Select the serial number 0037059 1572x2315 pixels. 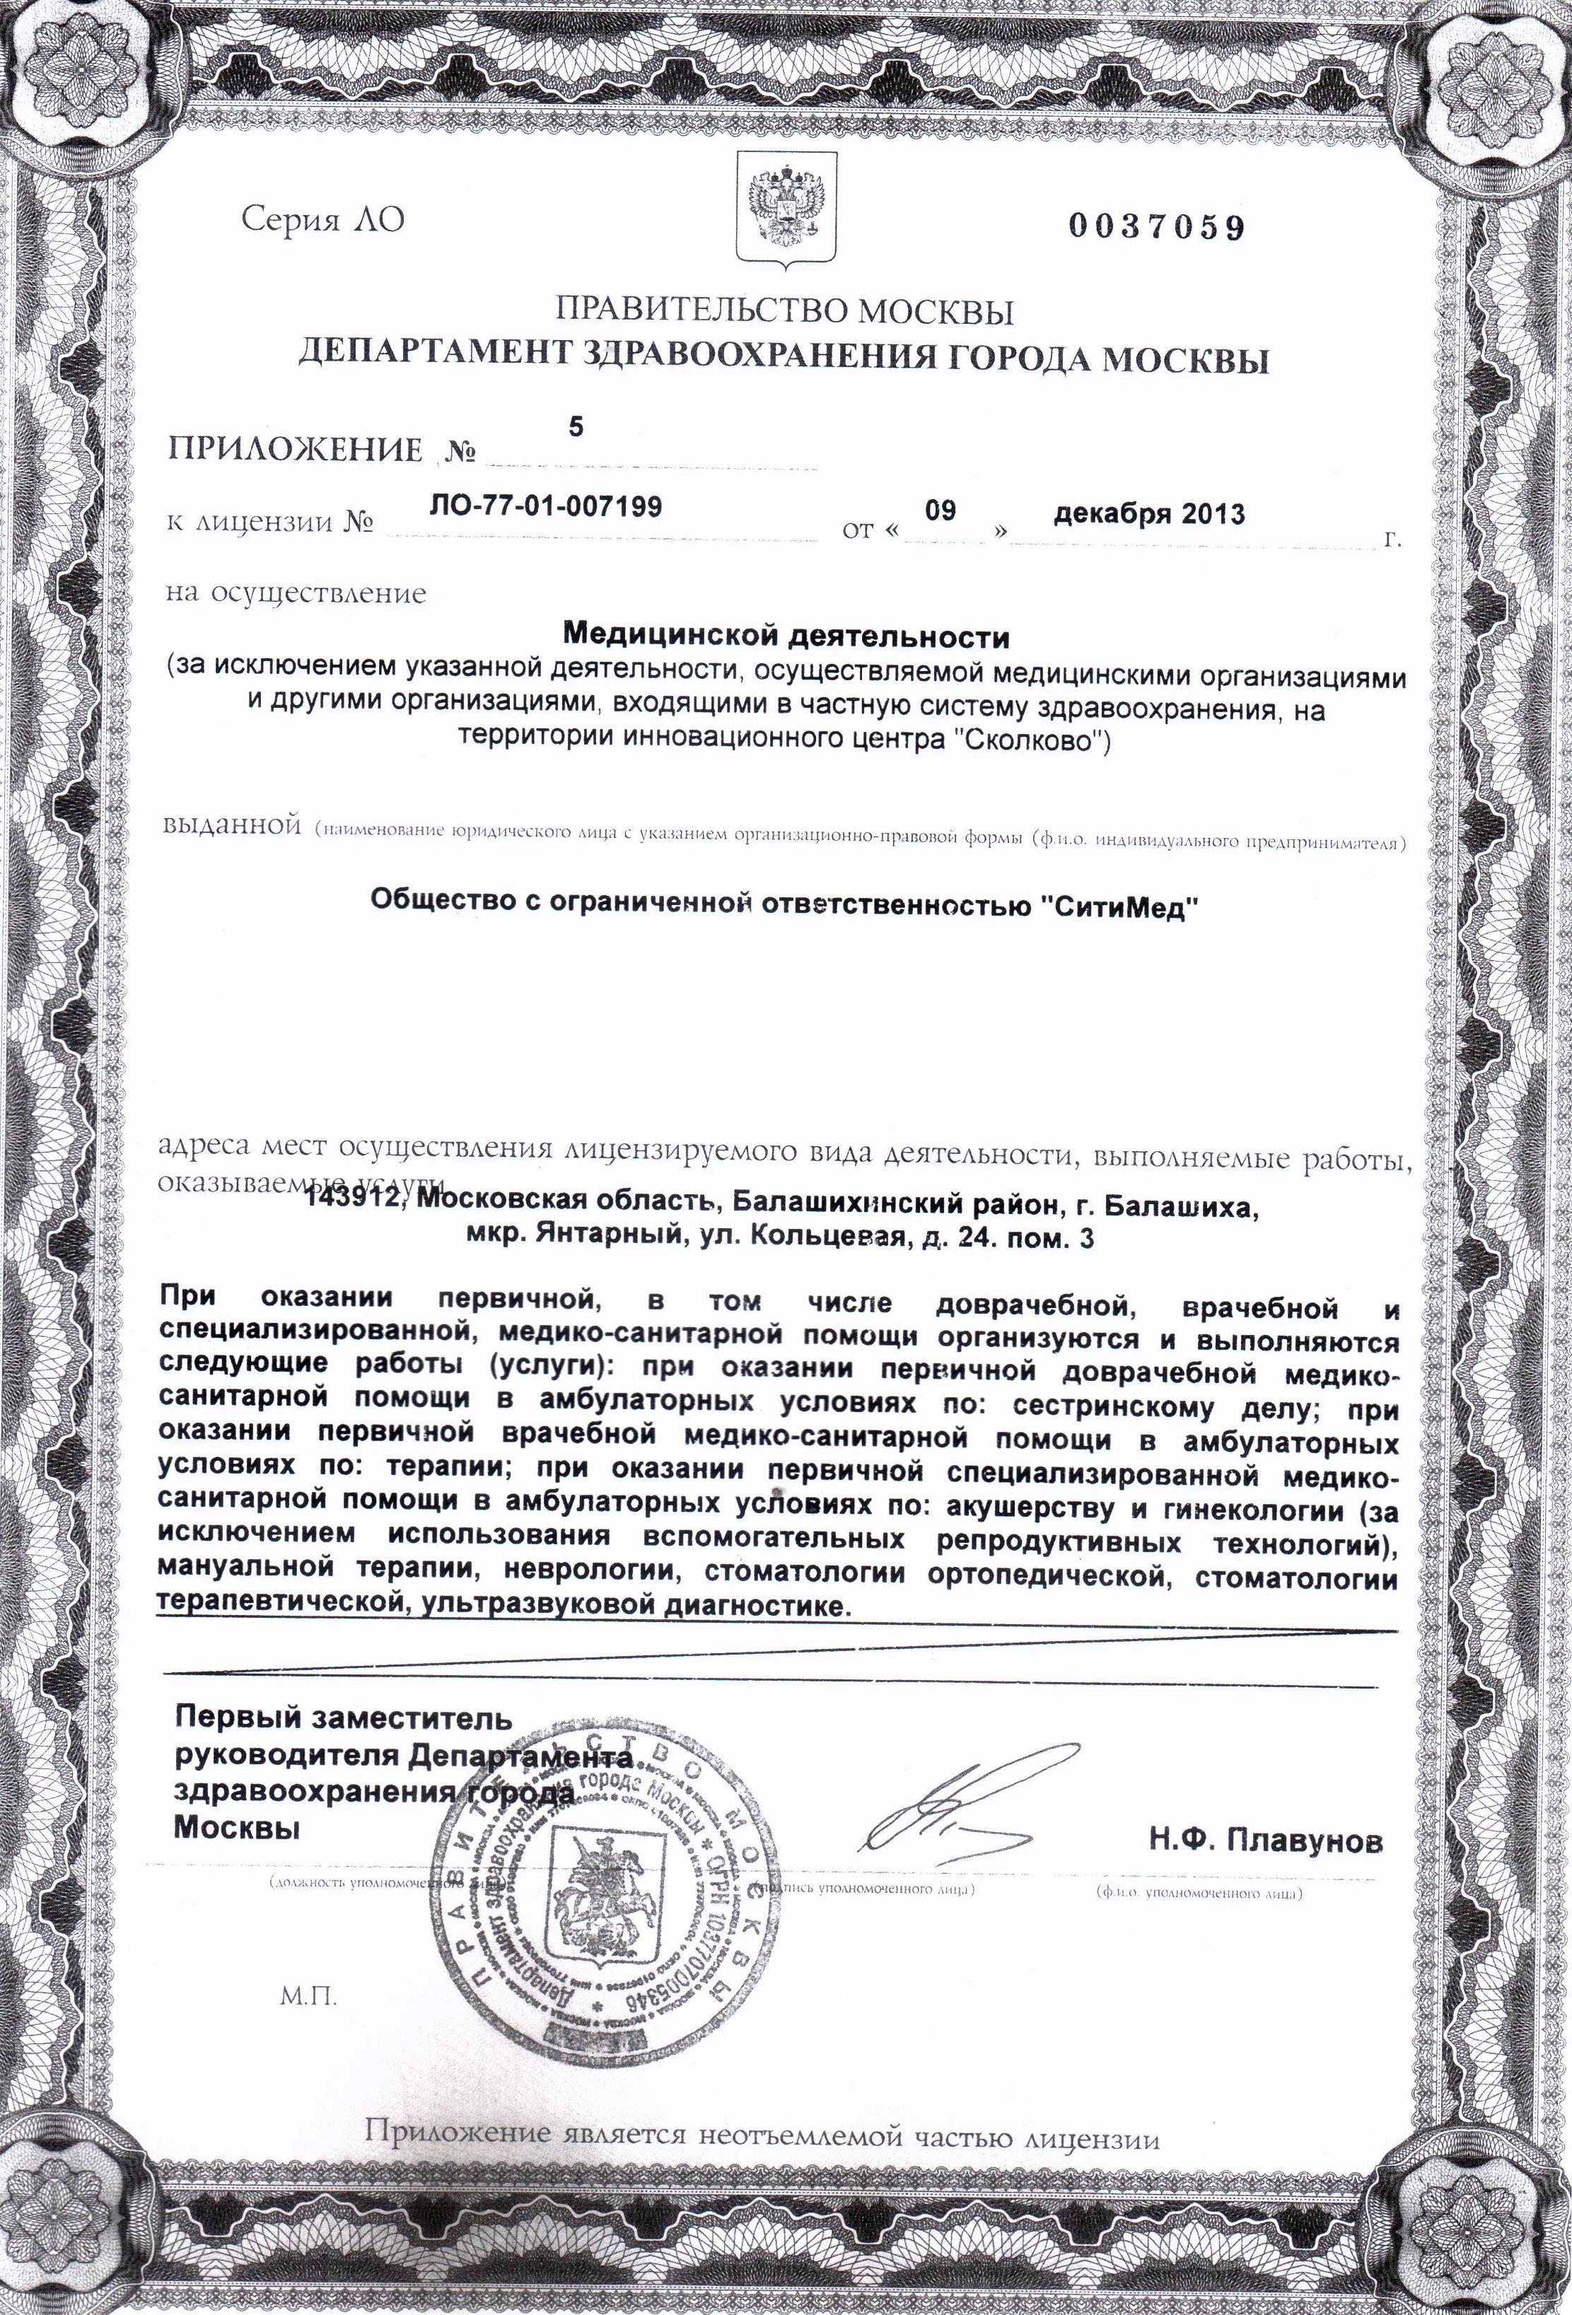pyautogui.click(x=1157, y=228)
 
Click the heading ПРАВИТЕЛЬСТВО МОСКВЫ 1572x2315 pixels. pyautogui.click(x=784, y=312)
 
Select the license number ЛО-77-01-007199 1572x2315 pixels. pyautogui.click(x=546, y=507)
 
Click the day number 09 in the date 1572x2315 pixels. pyautogui.click(x=939, y=511)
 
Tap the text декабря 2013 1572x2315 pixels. pyautogui.click(x=1148, y=514)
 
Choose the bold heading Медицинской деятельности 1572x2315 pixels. pyautogui.click(x=786, y=636)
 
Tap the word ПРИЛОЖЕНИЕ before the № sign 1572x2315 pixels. pyautogui.click(x=295, y=450)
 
